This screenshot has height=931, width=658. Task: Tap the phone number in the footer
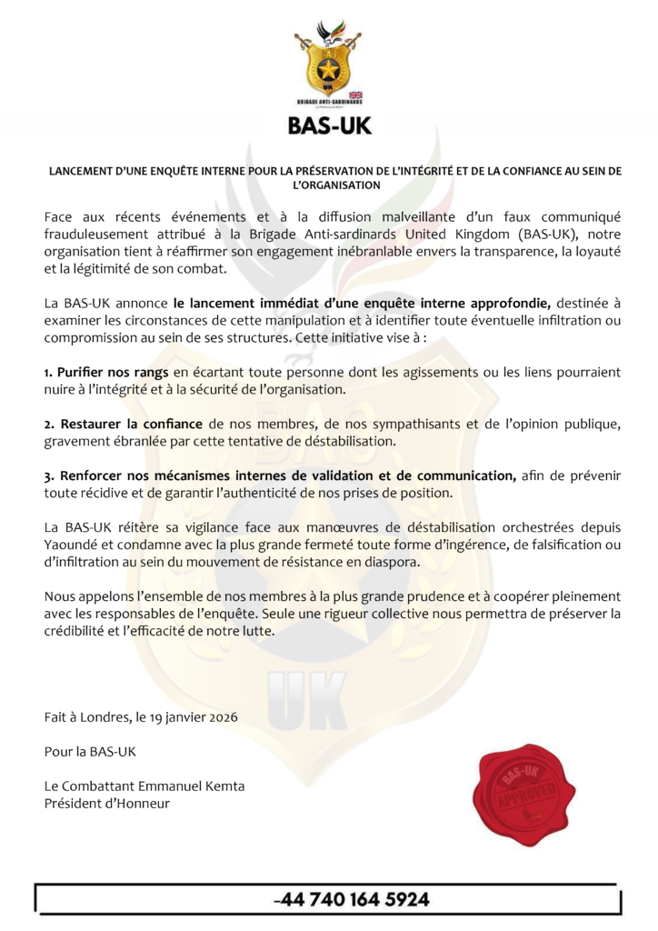(352, 900)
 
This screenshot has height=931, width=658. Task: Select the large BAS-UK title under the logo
(329, 125)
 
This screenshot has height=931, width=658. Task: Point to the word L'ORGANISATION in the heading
(329, 185)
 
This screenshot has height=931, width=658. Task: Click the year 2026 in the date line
(221, 717)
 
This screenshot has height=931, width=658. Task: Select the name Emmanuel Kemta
(188, 786)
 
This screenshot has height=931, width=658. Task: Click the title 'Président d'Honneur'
(107, 803)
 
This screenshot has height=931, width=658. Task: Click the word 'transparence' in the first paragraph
(508, 252)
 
